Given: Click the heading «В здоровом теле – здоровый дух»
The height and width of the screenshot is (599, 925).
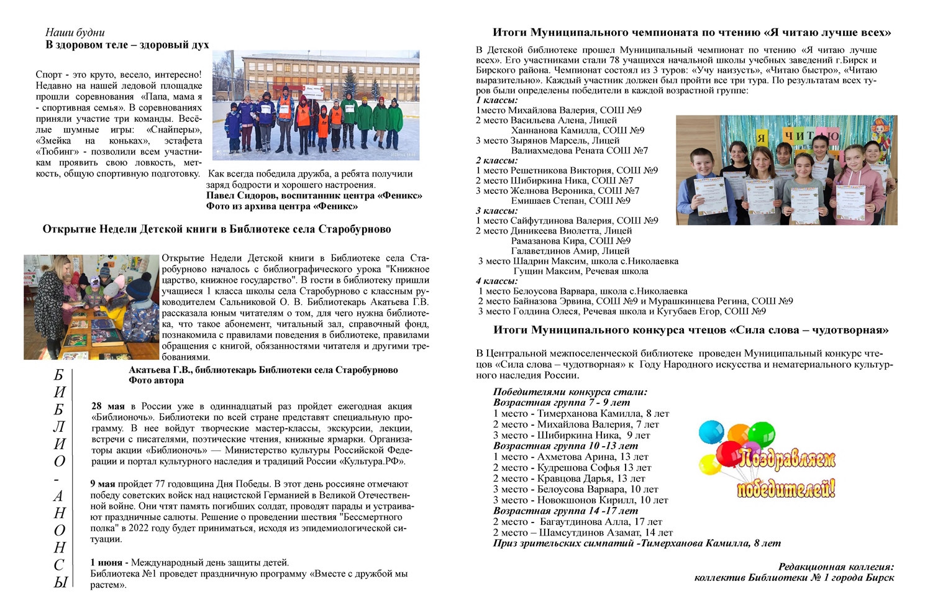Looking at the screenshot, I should (127, 45).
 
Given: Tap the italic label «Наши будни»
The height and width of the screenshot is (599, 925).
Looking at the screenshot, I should (75, 32).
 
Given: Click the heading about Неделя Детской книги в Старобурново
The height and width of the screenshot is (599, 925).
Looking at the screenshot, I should (217, 229).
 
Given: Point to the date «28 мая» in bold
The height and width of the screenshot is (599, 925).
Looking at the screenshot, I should (107, 406).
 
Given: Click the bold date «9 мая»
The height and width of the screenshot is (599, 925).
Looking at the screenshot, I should (103, 484).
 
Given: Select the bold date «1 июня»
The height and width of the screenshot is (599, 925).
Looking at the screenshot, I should (109, 563).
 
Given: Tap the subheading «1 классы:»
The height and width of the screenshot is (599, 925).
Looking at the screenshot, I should (497, 100).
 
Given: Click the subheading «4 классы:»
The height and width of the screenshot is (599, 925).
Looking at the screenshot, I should (497, 281).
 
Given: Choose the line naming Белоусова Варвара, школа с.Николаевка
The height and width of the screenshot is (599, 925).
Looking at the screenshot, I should (583, 291).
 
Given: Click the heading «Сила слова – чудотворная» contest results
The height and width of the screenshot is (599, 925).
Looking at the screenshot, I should (691, 330).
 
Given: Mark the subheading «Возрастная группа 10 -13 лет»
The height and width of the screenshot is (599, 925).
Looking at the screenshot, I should (565, 446).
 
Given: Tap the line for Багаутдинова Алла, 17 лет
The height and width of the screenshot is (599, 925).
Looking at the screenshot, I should (578, 522).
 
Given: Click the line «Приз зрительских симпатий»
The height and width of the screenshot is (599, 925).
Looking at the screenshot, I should (637, 543).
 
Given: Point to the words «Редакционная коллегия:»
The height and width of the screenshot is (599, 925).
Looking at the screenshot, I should (836, 567).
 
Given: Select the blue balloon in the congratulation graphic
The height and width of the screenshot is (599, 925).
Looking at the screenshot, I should (711, 431).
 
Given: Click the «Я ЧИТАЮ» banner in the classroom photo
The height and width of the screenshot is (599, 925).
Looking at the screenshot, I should (801, 136).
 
